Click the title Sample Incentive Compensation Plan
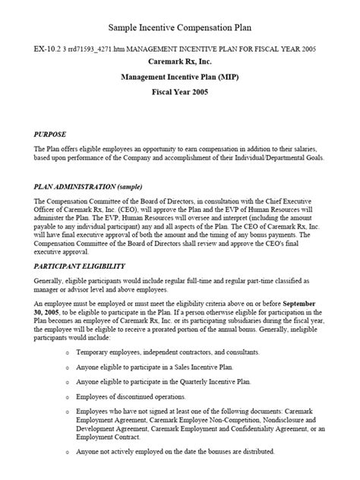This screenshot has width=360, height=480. tap(179, 27)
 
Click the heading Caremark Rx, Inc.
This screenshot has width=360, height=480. tap(180, 62)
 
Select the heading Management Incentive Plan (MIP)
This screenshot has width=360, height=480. tap(180, 78)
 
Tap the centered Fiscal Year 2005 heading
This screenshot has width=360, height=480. tap(180, 95)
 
